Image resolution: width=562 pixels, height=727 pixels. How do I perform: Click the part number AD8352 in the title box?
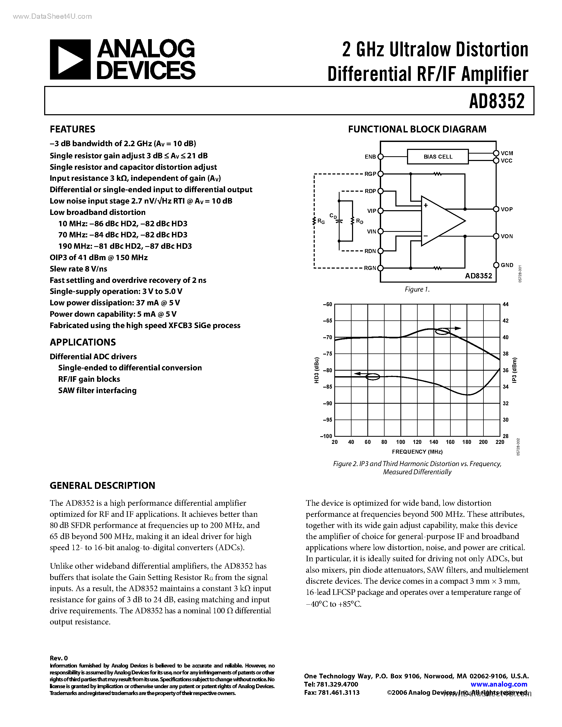pyautogui.click(x=497, y=101)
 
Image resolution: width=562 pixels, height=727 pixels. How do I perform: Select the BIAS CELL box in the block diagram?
pyautogui.click(x=438, y=157)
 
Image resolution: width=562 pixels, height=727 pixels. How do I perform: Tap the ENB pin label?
pyautogui.click(x=370, y=157)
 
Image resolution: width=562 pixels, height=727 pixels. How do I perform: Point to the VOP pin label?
pyautogui.click(x=507, y=209)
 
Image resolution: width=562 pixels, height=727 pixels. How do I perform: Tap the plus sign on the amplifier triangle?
pyautogui.click(x=426, y=205)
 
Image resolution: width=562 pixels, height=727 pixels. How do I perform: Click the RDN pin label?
pyautogui.click(x=370, y=251)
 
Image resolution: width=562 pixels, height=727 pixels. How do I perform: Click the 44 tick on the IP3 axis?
pyautogui.click(x=505, y=304)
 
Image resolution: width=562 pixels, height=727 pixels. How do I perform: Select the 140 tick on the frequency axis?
pyautogui.click(x=433, y=442)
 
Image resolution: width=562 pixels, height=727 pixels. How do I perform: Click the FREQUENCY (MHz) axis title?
pyautogui.click(x=417, y=452)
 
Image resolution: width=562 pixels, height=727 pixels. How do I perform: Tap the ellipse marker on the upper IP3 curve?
pyautogui.click(x=442, y=332)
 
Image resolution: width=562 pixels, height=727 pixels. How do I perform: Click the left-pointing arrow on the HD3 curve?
pyautogui.click(x=359, y=374)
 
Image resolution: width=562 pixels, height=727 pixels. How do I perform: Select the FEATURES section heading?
pyautogui.click(x=72, y=129)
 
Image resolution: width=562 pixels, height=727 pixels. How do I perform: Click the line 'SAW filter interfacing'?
pyautogui.click(x=97, y=390)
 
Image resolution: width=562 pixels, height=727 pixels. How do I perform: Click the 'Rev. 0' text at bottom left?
pyautogui.click(x=59, y=658)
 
